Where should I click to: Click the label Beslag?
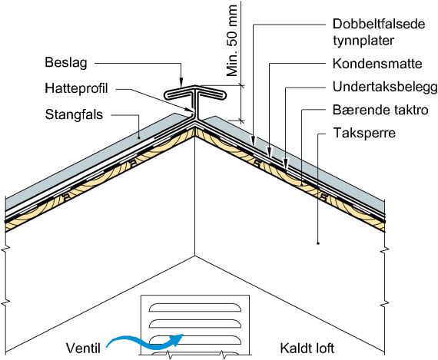click(66, 63)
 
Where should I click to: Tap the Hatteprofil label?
click(76, 88)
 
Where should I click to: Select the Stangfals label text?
click(74, 114)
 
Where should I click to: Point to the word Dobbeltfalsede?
click(379, 24)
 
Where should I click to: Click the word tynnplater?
click(363, 41)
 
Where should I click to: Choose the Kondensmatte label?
click(377, 64)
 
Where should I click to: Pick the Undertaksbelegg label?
click(385, 87)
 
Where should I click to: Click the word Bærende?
click(359, 110)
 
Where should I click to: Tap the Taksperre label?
click(364, 133)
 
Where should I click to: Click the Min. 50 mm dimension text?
click(232, 41)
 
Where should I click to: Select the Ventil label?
click(83, 348)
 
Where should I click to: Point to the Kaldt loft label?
click(307, 348)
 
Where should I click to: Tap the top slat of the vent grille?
click(195, 307)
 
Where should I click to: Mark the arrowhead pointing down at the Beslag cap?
click(181, 82)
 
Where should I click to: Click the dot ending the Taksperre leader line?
click(318, 243)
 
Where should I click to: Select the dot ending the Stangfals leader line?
click(139, 138)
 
